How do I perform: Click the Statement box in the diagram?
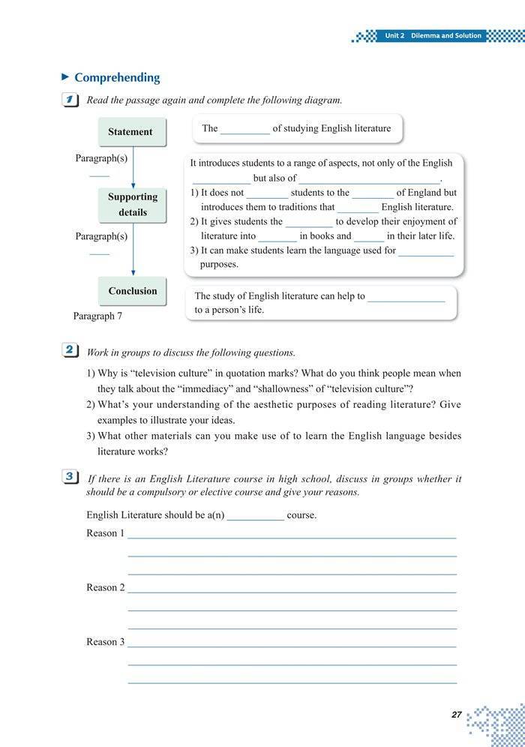[x=130, y=132]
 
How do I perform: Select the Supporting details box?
[x=133, y=205]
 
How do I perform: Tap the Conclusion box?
[x=133, y=291]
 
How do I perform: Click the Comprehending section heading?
[x=117, y=78]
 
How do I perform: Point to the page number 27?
[x=456, y=715]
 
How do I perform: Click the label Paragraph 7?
[x=97, y=316]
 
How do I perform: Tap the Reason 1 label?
[x=105, y=533]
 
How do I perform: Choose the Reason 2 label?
[x=105, y=587]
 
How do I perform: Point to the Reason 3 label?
[x=105, y=641]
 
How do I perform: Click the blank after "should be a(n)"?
[x=255, y=516]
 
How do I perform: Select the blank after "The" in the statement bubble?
[x=245, y=129]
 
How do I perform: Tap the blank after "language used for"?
[x=426, y=251]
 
